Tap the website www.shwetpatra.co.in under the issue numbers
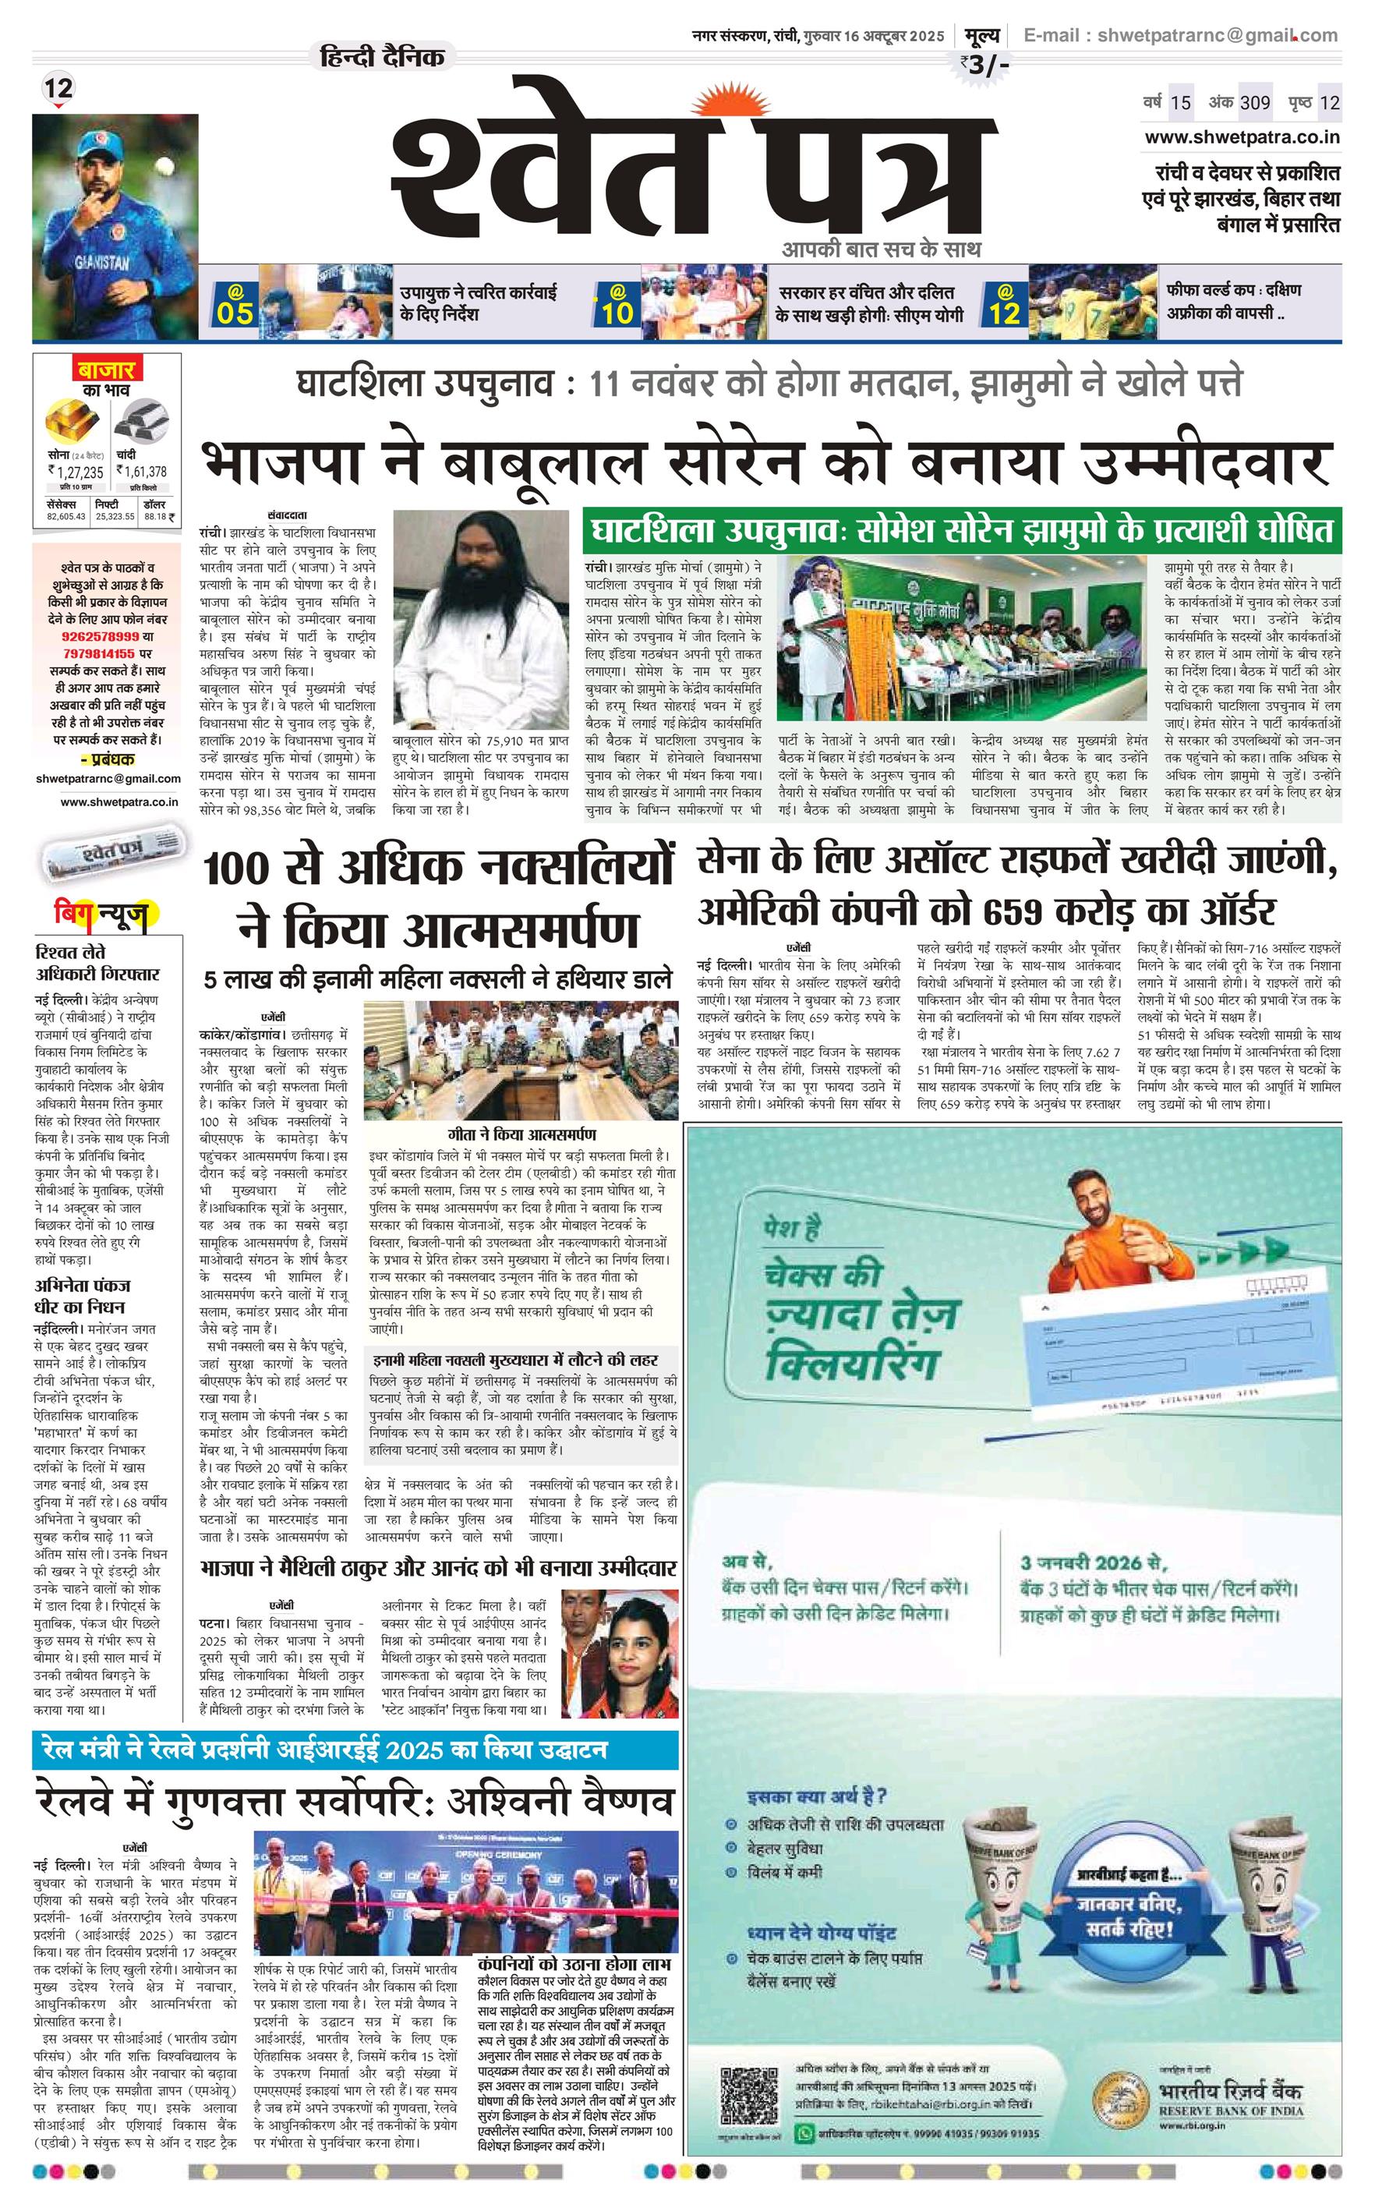tap(1241, 137)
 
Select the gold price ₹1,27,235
tap(76, 472)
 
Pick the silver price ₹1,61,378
tap(141, 472)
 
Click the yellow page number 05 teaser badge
tap(235, 305)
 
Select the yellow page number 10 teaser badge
tap(617, 305)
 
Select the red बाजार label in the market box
tap(106, 370)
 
